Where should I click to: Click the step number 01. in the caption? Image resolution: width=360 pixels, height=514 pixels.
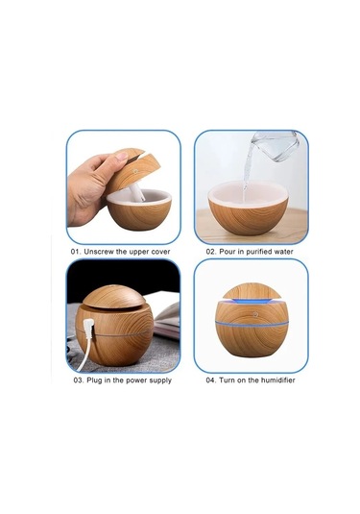pyautogui.click(x=76, y=252)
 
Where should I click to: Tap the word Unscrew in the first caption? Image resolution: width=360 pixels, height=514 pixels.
pyautogui.click(x=99, y=252)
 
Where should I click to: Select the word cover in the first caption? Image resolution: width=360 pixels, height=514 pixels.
pyautogui.click(x=160, y=252)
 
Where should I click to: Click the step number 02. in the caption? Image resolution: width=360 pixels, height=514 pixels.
pyautogui.click(x=211, y=252)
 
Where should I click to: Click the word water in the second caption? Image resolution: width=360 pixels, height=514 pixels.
pyautogui.click(x=283, y=252)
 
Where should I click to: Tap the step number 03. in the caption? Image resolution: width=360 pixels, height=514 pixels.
pyautogui.click(x=79, y=380)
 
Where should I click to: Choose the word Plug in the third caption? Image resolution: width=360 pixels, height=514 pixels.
pyautogui.click(x=94, y=380)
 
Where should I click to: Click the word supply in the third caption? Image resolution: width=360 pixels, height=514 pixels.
pyautogui.click(x=160, y=380)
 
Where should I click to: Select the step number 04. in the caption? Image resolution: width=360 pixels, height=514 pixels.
pyautogui.click(x=211, y=380)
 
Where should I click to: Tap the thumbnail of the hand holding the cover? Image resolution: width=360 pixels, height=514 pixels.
pyautogui.click(x=124, y=187)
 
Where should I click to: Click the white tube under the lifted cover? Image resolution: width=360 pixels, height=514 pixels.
pyautogui.click(x=137, y=192)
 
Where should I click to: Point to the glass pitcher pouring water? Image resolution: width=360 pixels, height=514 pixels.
pyautogui.click(x=275, y=145)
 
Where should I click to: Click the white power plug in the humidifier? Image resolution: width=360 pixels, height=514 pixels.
pyautogui.click(x=88, y=329)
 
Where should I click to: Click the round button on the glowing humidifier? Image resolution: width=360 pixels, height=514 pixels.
pyautogui.click(x=255, y=314)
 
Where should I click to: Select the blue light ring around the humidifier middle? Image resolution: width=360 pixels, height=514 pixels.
pyautogui.click(x=252, y=324)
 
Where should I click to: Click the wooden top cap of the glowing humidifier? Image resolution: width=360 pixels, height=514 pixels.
pyautogui.click(x=252, y=291)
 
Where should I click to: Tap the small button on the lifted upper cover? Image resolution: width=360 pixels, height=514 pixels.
pyautogui.click(x=135, y=171)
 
